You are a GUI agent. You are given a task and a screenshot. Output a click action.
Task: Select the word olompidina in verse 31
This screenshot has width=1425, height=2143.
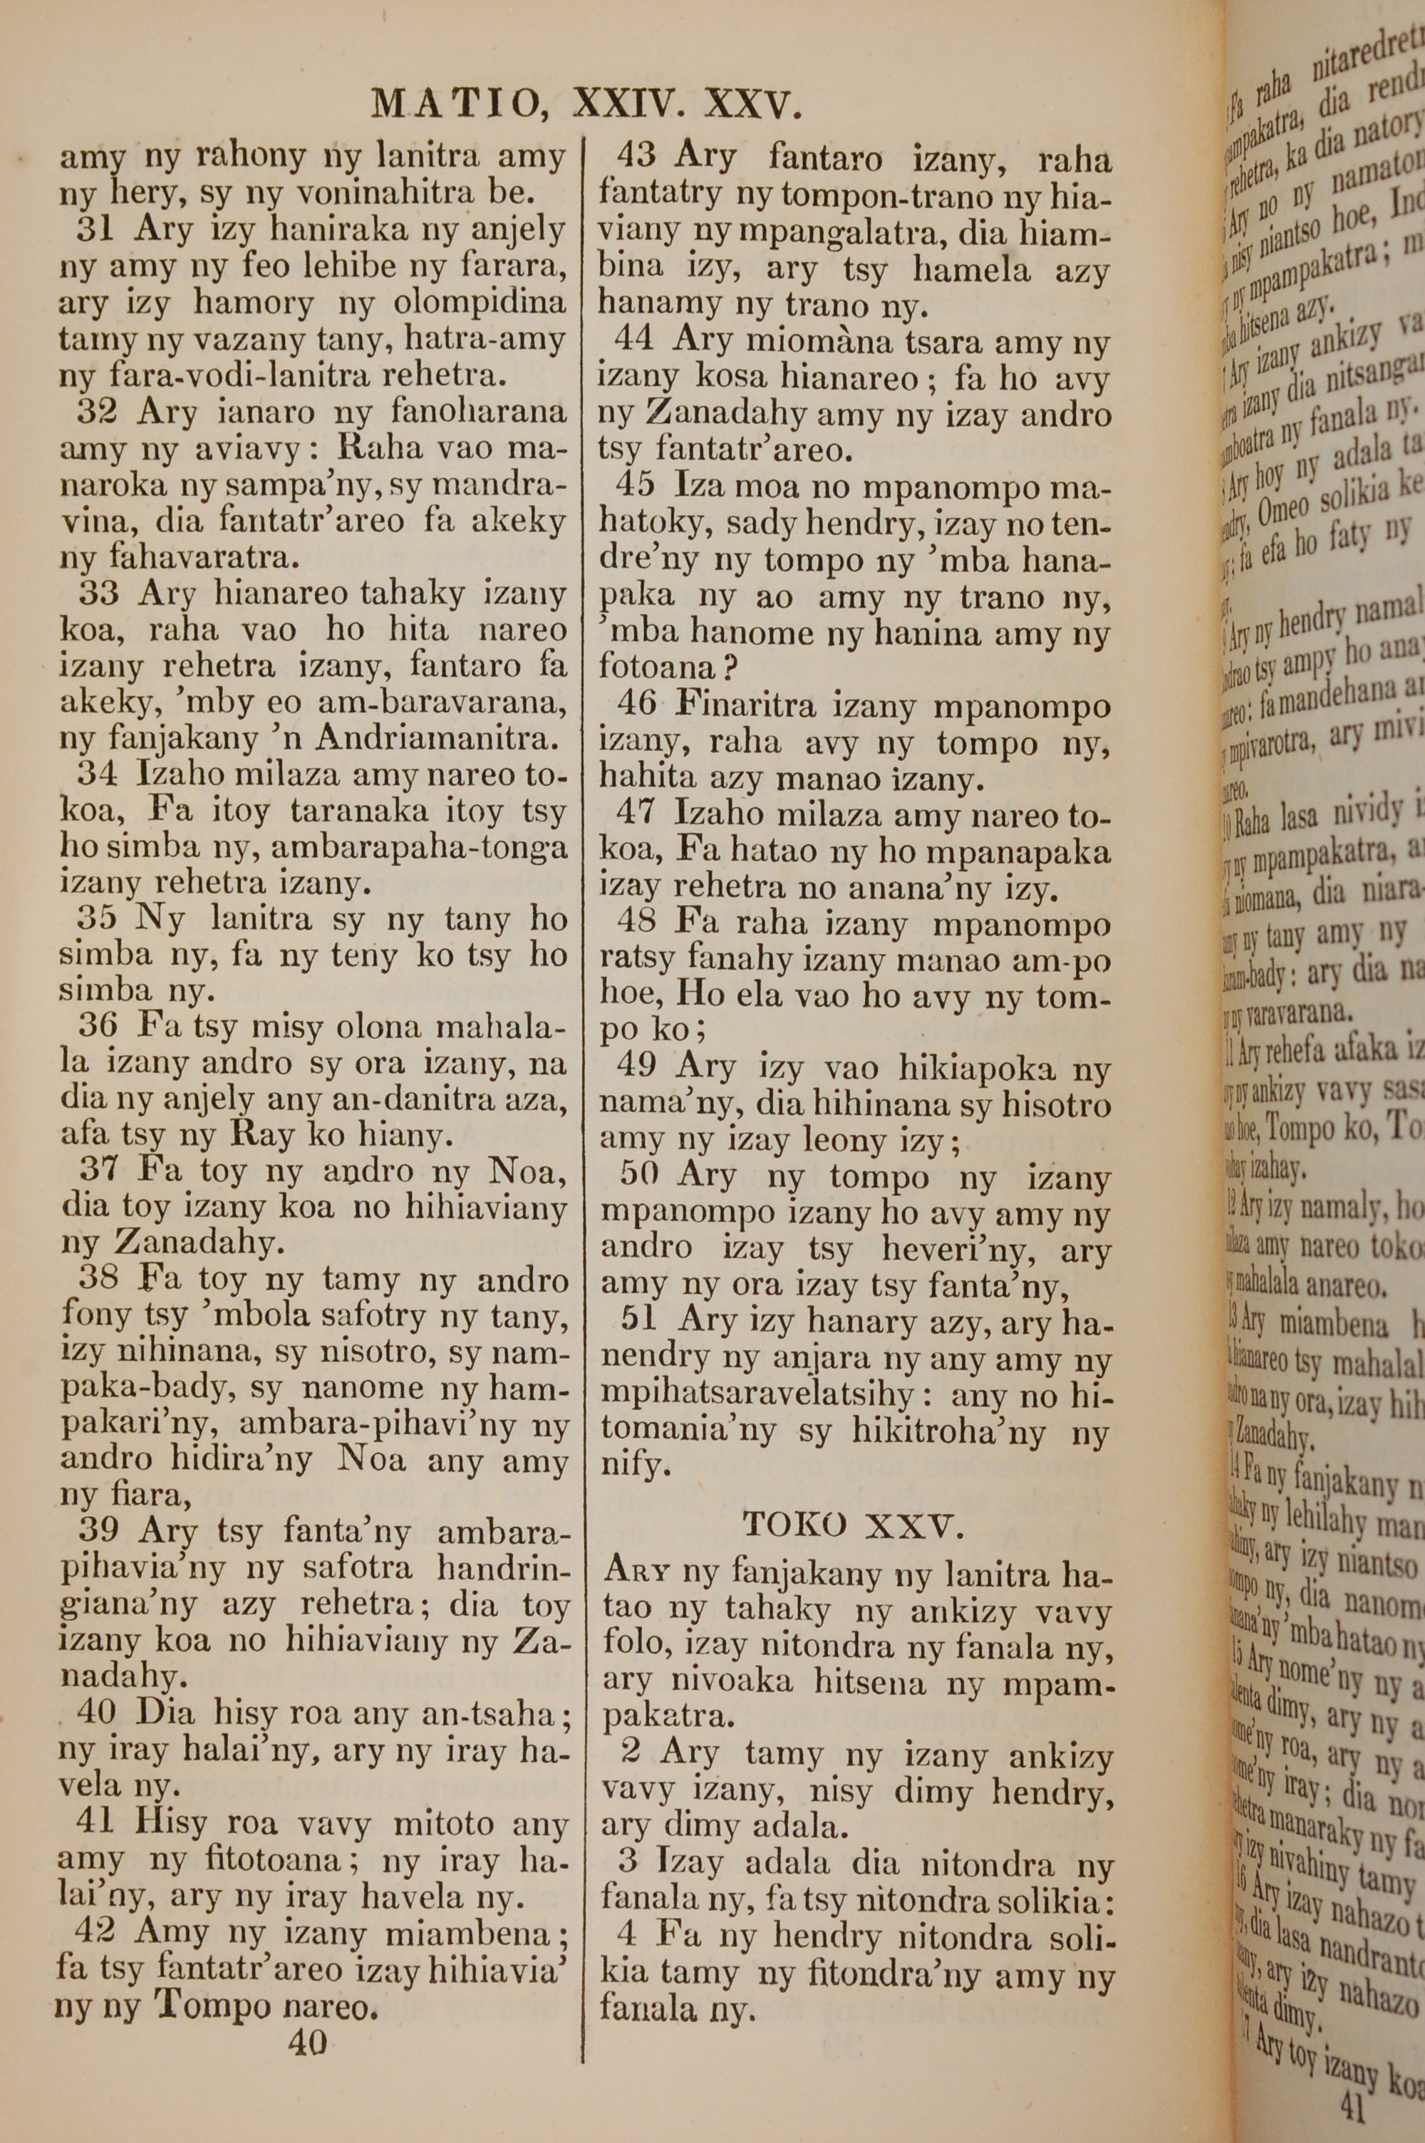coord(479,303)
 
